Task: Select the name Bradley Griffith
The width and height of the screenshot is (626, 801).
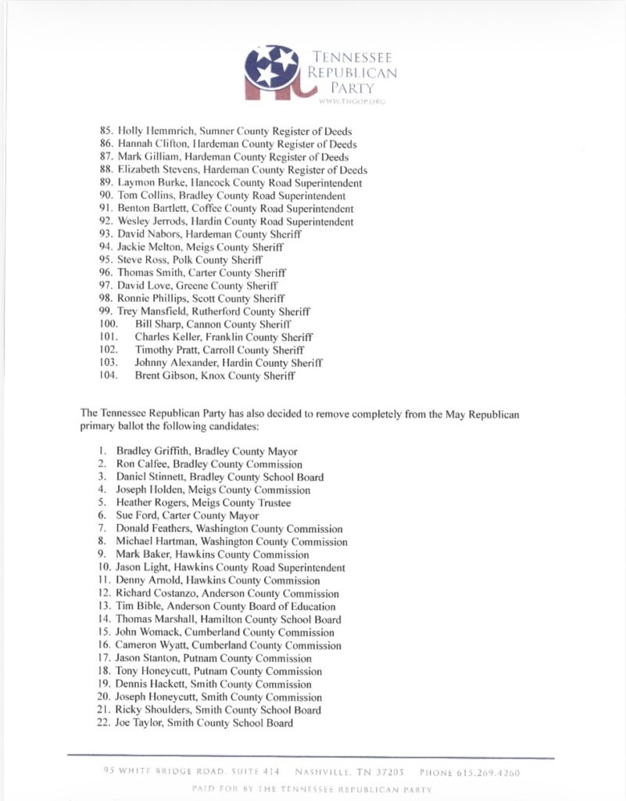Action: [152, 451]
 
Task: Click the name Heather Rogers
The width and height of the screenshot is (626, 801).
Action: [149, 503]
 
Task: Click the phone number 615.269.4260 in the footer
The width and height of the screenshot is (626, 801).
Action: [491, 773]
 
